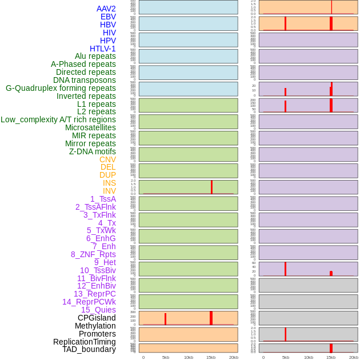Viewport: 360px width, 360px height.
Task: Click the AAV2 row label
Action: [106, 9]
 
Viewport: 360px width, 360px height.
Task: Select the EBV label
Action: [108, 17]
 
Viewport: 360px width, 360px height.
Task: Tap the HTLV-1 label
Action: [102, 49]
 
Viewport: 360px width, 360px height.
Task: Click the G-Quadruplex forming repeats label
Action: [61, 88]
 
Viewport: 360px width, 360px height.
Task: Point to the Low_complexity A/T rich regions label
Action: [58, 119]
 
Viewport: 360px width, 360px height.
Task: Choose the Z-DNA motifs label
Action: [93, 151]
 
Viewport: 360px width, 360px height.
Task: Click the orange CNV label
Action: [107, 159]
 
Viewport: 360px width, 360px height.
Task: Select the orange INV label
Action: [109, 191]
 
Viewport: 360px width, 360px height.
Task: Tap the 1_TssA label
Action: [103, 199]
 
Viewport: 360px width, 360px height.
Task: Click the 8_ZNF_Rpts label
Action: [93, 254]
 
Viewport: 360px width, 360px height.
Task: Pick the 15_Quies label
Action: [98, 310]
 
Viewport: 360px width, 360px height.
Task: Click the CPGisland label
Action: [97, 318]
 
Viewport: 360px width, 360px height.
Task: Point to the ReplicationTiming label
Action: [85, 342]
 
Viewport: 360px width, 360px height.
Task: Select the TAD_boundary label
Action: [89, 349]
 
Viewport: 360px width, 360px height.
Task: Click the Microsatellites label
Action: [90, 127]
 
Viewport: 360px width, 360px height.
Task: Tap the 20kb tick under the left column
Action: [233, 357]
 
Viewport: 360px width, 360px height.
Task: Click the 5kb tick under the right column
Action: [286, 357]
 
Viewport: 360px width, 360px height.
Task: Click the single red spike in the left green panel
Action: [211, 187]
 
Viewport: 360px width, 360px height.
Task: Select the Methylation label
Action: [95, 326]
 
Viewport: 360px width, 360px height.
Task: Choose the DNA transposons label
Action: [85, 80]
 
